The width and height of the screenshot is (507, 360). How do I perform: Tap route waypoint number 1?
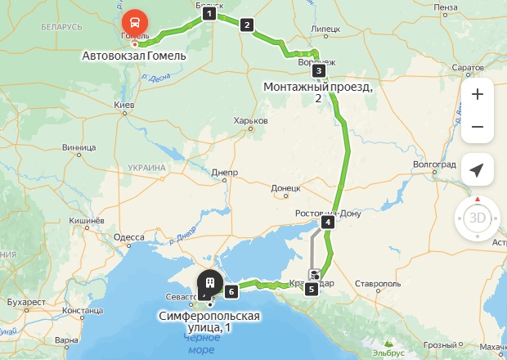click(x=209, y=13)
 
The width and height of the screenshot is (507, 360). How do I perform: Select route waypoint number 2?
click(x=247, y=25)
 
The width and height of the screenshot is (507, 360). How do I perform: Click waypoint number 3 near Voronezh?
click(x=319, y=70)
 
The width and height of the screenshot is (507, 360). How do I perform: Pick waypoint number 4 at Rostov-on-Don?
click(x=328, y=222)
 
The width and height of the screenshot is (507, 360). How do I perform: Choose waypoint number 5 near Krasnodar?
click(x=311, y=288)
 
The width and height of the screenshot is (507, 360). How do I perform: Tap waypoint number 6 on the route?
click(x=232, y=290)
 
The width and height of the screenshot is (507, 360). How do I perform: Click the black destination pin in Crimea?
click(x=210, y=283)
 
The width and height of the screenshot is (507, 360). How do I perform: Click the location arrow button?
click(x=477, y=169)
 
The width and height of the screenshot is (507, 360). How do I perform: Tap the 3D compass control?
click(x=477, y=218)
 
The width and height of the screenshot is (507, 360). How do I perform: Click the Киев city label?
click(x=124, y=106)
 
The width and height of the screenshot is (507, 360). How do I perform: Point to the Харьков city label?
click(x=251, y=120)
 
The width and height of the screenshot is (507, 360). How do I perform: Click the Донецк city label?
click(x=286, y=187)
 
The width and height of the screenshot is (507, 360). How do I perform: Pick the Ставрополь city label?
click(x=377, y=283)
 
